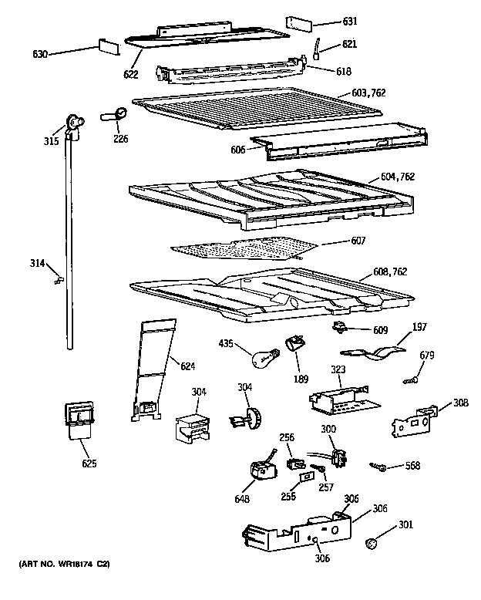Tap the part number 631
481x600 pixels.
tap(350, 21)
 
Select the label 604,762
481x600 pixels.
tap(397, 177)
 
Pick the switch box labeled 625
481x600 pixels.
tap(77, 420)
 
